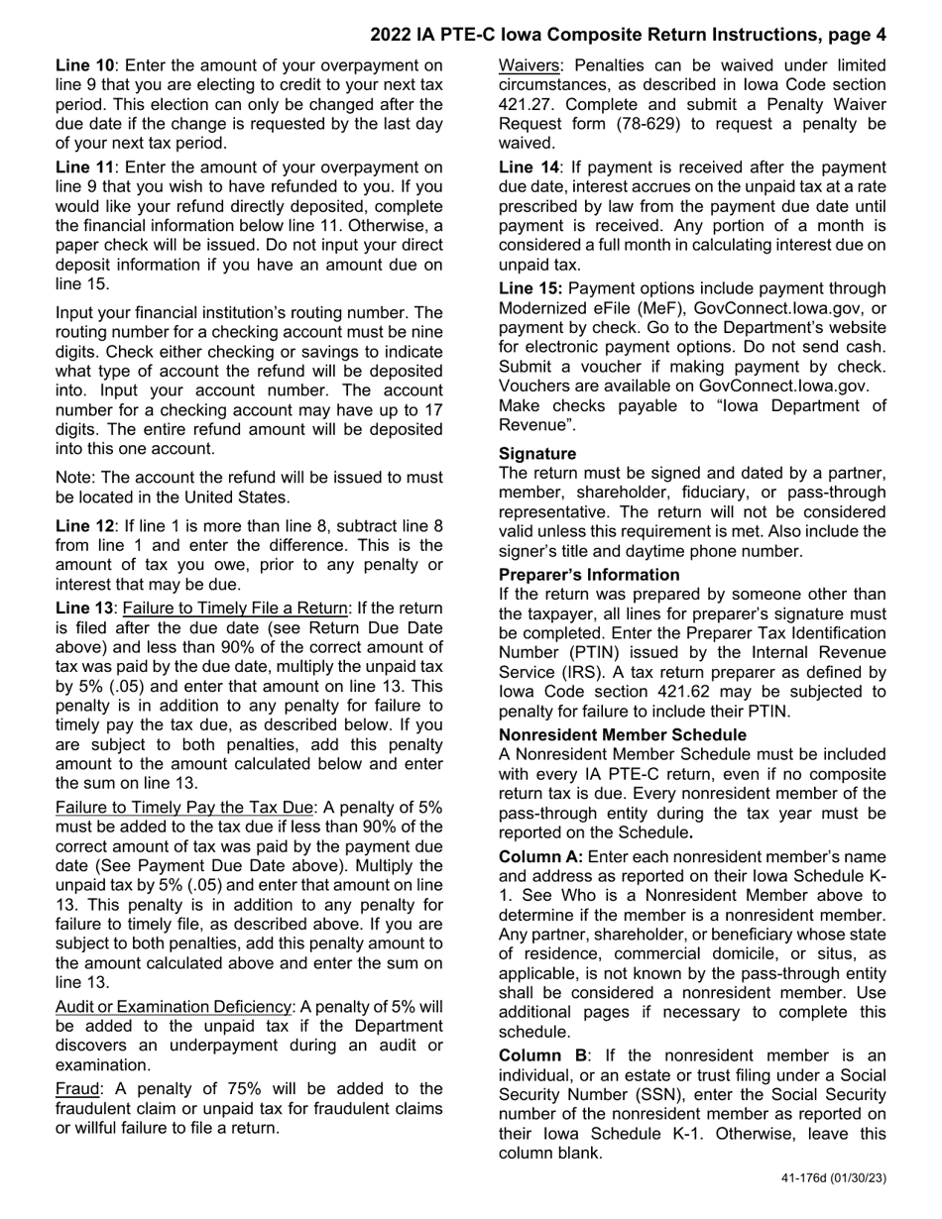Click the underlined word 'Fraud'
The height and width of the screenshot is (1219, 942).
click(76, 1088)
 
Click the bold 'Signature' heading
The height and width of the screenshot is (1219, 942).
click(537, 454)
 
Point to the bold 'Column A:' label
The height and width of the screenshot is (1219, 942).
click(540, 856)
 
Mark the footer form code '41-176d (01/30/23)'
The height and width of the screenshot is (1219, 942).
click(834, 1178)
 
